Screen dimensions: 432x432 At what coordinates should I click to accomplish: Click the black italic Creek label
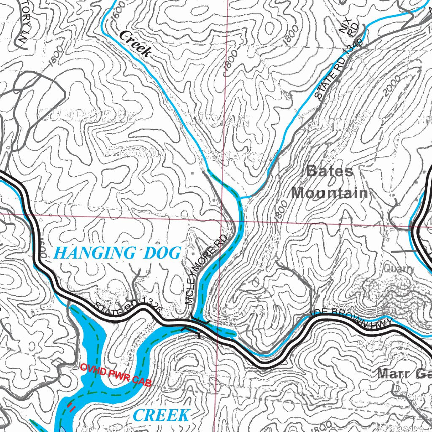[135, 43]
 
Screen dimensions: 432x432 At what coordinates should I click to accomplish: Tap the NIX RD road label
[349, 26]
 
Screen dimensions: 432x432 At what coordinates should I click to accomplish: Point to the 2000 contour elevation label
[390, 87]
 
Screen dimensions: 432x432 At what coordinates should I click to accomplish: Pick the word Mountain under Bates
[329, 193]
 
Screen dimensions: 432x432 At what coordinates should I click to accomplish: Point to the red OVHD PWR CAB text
[115, 374]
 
